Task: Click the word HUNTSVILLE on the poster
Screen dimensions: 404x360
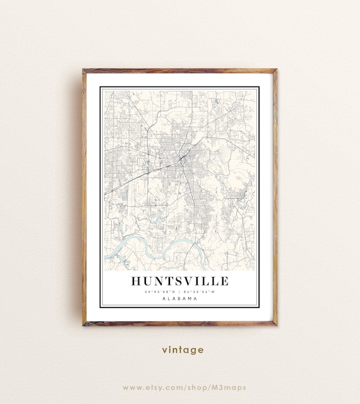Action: point(180,281)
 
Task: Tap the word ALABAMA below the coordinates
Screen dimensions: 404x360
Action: point(180,299)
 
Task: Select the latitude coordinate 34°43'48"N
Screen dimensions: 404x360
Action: point(160,292)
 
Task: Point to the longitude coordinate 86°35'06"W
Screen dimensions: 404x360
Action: point(200,292)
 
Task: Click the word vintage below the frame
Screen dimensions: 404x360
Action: point(182,349)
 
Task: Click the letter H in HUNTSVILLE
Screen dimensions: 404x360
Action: point(137,281)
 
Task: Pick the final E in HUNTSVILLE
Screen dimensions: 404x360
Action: point(224,281)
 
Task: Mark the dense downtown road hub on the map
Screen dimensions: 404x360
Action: point(181,157)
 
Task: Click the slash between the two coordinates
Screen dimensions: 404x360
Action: point(180,292)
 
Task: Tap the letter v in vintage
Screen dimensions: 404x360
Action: point(164,350)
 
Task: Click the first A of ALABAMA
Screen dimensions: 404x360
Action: point(164,299)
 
